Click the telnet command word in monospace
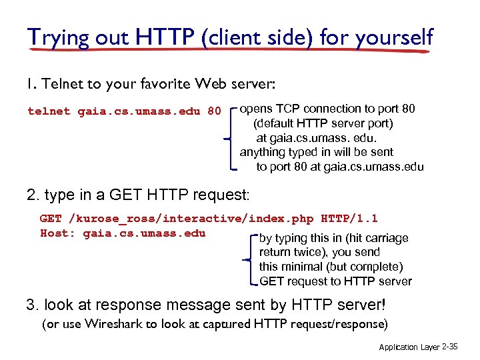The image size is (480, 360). pyautogui.click(x=49, y=111)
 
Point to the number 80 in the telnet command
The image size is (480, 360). pyautogui.click(x=213, y=111)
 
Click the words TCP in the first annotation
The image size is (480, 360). pyautogui.click(x=285, y=109)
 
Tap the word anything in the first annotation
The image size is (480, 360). pyautogui.click(x=263, y=153)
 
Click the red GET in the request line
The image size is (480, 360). pyautogui.click(x=51, y=218)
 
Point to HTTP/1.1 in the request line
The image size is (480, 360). pyautogui.click(x=349, y=218)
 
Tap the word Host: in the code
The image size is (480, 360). pyautogui.click(x=58, y=233)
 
